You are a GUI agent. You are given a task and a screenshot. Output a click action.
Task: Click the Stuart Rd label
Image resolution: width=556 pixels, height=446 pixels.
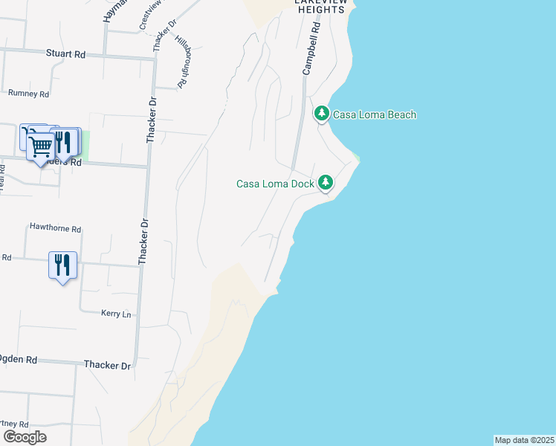[x=66, y=54]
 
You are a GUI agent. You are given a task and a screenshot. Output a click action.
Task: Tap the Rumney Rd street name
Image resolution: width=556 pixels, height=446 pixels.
[x=28, y=94]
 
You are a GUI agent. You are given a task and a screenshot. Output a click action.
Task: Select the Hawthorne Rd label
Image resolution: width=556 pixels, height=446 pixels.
[x=55, y=230]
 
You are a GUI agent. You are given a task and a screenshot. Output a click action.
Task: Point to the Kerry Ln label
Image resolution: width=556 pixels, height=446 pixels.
[x=116, y=314]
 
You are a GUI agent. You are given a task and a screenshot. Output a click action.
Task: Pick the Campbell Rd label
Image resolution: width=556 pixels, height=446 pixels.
[x=311, y=47]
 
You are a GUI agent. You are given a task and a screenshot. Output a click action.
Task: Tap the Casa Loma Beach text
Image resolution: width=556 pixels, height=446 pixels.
[x=374, y=114]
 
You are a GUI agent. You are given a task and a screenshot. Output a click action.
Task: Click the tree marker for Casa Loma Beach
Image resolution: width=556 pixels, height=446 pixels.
[x=321, y=114]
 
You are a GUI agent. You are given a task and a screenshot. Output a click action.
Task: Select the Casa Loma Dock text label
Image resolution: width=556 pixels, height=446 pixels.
[x=275, y=184]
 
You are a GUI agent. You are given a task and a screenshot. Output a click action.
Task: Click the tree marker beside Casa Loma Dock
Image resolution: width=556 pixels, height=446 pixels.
[x=325, y=181]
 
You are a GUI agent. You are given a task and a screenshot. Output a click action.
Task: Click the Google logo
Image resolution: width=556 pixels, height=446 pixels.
[x=25, y=436]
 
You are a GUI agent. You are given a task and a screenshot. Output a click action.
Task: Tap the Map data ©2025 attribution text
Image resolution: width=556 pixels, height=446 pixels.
[x=525, y=440]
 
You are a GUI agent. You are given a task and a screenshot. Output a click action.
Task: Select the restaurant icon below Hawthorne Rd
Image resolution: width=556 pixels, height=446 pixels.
[x=63, y=265]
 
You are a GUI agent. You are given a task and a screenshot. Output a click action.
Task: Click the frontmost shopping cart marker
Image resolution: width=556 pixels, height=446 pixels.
[x=41, y=146]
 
